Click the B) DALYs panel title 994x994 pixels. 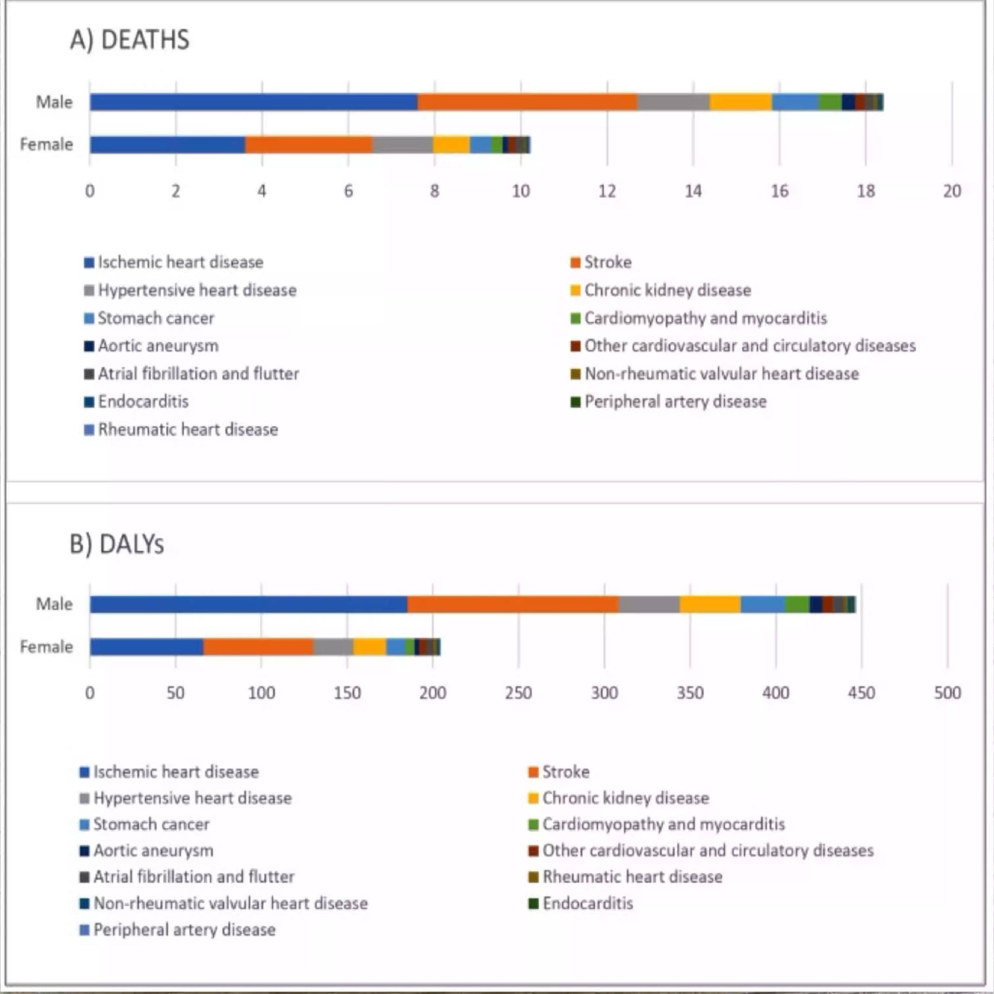117,544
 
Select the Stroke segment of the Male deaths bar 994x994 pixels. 527,102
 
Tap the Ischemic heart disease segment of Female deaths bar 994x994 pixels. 167,144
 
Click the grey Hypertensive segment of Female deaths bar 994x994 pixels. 402,144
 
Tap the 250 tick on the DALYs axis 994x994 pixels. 518,693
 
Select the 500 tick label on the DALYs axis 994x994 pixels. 947,693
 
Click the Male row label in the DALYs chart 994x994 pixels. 54,604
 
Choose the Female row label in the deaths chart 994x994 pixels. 46,144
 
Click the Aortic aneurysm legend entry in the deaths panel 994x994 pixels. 158,346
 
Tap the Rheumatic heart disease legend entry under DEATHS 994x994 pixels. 188,429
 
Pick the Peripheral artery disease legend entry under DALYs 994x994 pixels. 184,930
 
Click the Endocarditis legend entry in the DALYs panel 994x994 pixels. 588,903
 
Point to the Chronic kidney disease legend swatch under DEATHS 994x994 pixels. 576,291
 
